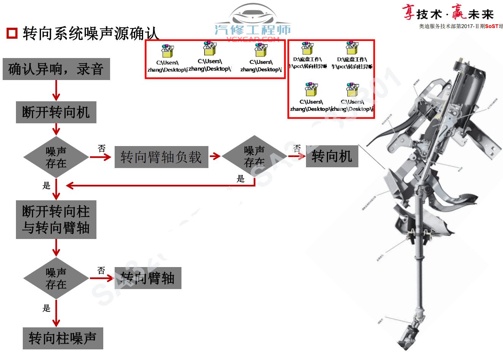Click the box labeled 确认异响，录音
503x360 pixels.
pos(56,69)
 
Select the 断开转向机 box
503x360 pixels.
pos(56,112)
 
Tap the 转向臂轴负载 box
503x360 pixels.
pos(161,157)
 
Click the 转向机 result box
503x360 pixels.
pos(332,156)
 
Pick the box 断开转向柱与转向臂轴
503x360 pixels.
pos(56,220)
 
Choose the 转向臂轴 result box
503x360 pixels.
pos(148,278)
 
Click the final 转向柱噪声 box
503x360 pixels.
pos(63,338)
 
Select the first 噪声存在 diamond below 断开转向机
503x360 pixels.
pos(56,157)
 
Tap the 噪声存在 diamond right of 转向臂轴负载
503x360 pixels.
pos(254,156)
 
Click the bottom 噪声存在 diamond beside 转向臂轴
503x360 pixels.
pos(56,278)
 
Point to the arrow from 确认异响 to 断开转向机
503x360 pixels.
pos(56,91)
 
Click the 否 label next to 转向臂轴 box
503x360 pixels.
pos(101,270)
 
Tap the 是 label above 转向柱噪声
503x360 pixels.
pos(46,308)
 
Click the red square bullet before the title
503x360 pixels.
pos(12,33)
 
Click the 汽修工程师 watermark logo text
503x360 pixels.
pos(252,30)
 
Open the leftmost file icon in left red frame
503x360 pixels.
pos(167,51)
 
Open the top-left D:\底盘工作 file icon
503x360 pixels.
pos(307,48)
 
